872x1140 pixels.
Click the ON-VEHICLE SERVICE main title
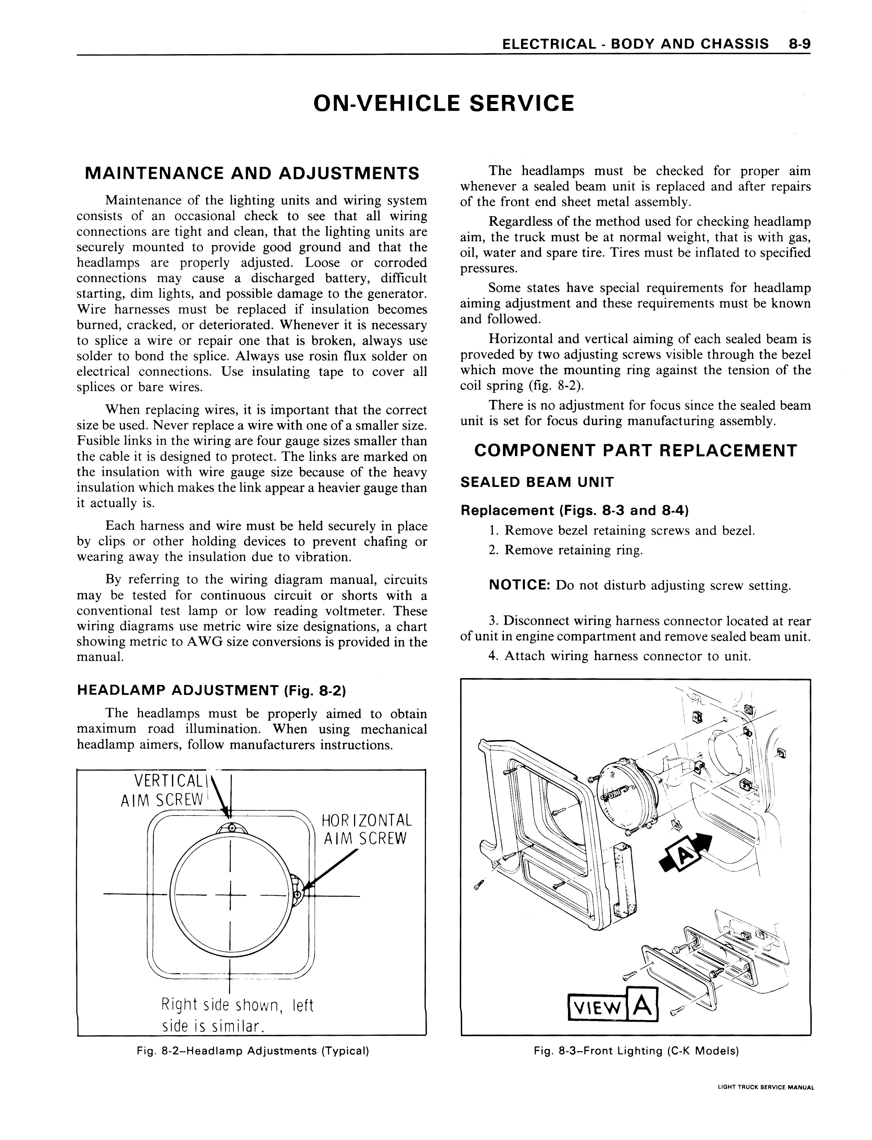[x=444, y=103]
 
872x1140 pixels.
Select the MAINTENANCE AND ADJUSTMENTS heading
[x=252, y=173]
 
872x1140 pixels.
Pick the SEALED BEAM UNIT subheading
[x=537, y=482]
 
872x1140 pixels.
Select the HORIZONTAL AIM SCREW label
[x=366, y=830]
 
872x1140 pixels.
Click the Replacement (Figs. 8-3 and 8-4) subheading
[x=574, y=511]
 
